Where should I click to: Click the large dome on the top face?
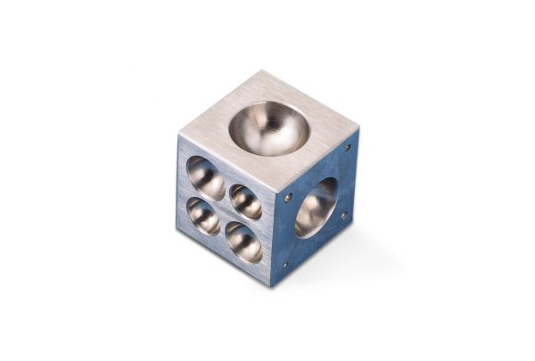click(268, 127)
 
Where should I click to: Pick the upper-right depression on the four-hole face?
click(245, 201)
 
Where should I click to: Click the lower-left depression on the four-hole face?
click(203, 216)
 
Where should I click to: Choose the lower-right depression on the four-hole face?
click(243, 242)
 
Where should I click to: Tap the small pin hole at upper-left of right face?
click(287, 198)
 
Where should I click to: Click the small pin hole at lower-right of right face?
click(343, 215)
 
